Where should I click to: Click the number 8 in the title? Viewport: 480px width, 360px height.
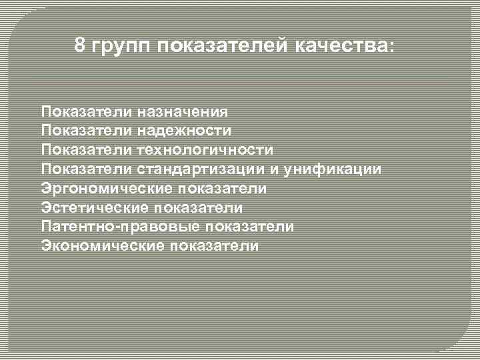pyautogui.click(x=80, y=46)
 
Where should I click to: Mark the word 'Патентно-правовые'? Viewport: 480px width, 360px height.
pyautogui.click(x=119, y=227)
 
